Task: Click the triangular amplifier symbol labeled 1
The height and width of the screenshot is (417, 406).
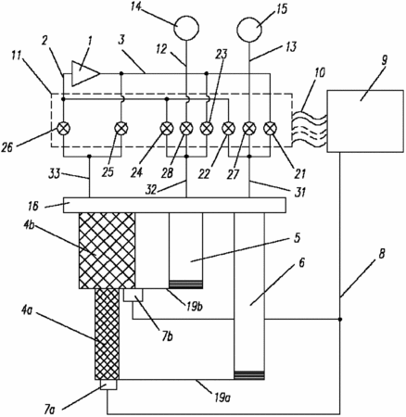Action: click(83, 73)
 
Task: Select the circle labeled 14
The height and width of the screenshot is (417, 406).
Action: click(185, 27)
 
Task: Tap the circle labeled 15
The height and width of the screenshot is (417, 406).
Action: click(249, 30)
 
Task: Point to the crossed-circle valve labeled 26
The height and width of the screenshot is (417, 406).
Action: click(63, 128)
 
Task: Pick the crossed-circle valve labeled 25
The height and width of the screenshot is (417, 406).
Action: click(121, 128)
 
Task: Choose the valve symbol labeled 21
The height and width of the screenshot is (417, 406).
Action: click(271, 128)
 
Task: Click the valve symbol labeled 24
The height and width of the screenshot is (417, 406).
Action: click(167, 128)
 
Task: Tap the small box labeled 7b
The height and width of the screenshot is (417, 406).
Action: click(133, 295)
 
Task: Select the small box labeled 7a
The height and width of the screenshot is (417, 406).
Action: click(108, 385)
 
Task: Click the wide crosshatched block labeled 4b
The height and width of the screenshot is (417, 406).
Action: click(108, 250)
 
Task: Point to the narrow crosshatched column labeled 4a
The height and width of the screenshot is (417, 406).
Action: click(107, 335)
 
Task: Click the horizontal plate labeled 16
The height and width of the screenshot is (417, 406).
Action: click(174, 205)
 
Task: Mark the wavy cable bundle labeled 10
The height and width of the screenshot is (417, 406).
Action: click(309, 130)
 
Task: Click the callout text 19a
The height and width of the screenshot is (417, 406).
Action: click(222, 397)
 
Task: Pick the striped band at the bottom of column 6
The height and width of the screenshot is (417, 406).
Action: click(249, 375)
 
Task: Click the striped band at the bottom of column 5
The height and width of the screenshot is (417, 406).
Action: click(185, 284)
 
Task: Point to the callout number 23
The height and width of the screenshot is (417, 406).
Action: click(222, 55)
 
